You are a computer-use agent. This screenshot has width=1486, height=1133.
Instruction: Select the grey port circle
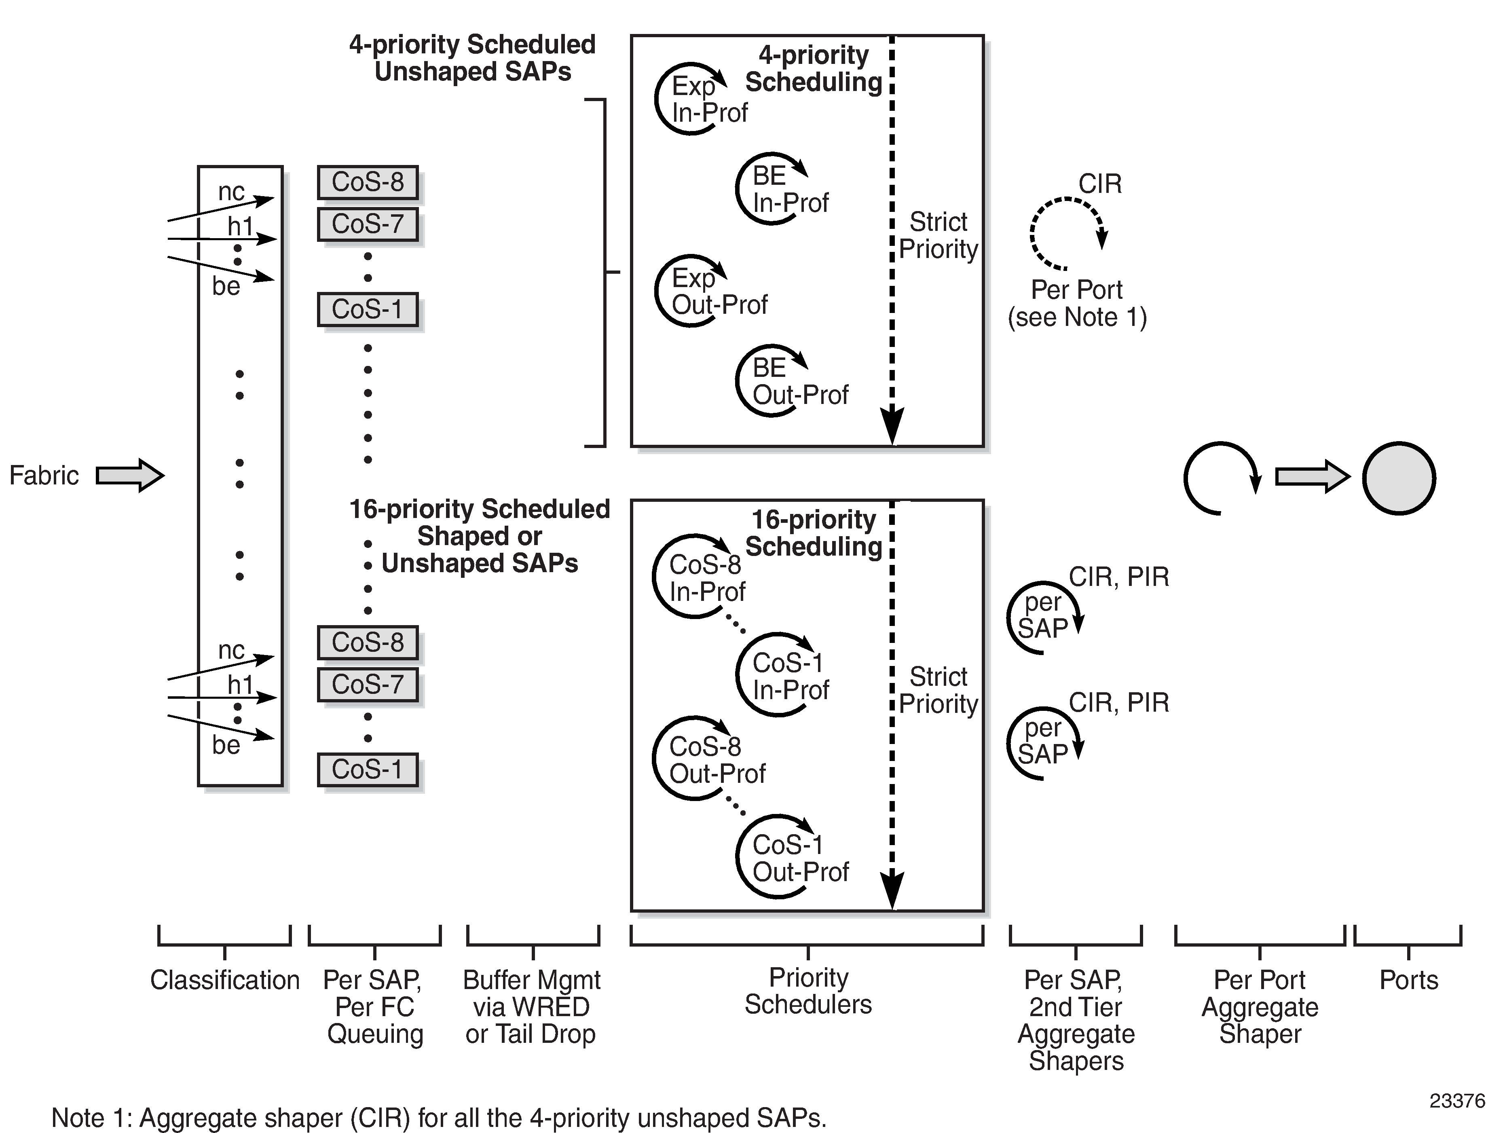[1399, 478]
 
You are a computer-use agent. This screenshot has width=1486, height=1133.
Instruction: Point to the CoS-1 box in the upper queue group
[368, 310]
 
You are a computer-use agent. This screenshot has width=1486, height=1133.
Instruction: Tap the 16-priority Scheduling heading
[814, 533]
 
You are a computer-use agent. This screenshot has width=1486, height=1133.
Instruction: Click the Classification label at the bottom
[224, 980]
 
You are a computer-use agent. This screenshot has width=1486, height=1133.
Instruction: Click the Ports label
[1408, 980]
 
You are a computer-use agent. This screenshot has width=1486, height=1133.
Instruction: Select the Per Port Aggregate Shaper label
[1260, 1007]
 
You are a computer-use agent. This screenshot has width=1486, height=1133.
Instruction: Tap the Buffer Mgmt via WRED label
[531, 1007]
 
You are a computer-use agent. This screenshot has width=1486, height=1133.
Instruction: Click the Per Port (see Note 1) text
[1077, 304]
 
